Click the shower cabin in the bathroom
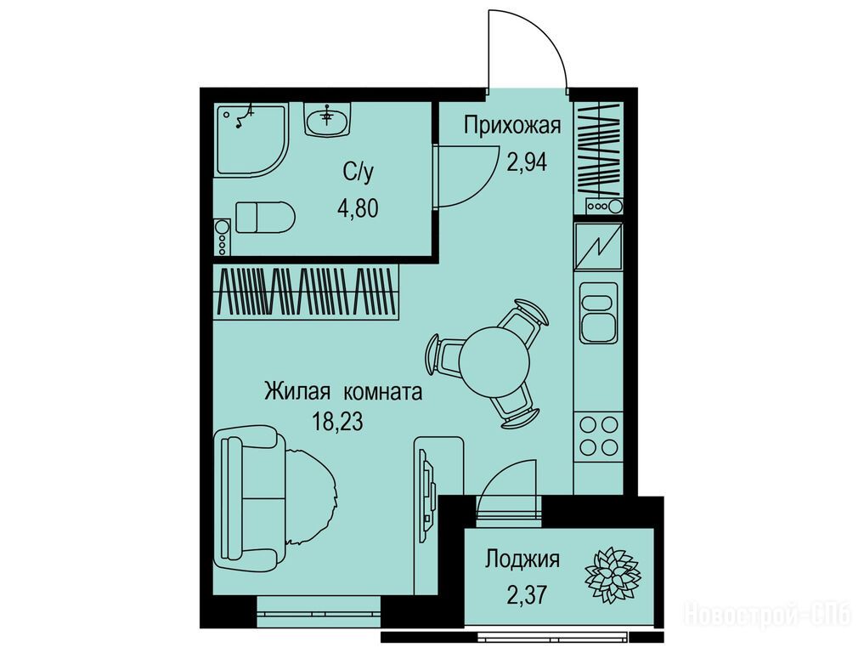coord(251,140)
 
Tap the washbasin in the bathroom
coord(328,119)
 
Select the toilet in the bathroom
coord(265,217)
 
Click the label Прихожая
coord(512,126)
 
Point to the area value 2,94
coord(527,162)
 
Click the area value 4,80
coord(359,209)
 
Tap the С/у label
coord(359,173)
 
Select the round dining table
coord(494,362)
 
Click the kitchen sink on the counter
coord(598,312)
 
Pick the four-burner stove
coord(598,435)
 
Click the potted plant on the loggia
coord(613,575)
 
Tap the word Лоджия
coord(522,559)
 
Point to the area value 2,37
coord(527,594)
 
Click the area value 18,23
coord(337,423)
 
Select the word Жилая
coord(297,392)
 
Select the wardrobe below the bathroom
coord(306,292)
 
